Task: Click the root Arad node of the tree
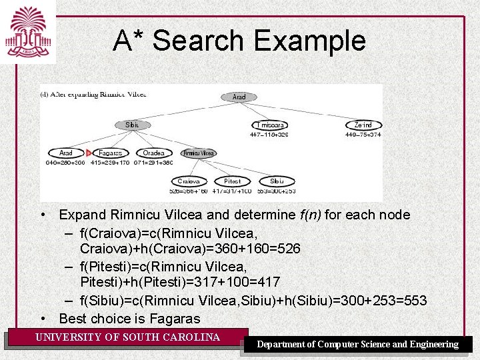(x=239, y=97)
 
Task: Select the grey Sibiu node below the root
(x=133, y=125)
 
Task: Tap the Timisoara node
(x=269, y=125)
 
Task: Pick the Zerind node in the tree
(x=363, y=125)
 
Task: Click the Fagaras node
(x=110, y=153)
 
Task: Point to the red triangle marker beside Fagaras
(x=89, y=153)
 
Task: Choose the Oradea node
(x=153, y=153)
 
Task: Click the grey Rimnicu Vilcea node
(x=199, y=153)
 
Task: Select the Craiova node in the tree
(x=189, y=181)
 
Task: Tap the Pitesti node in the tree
(x=232, y=181)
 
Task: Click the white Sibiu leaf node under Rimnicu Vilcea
(x=277, y=181)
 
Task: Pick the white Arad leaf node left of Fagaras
(x=66, y=153)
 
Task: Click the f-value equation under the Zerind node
(x=363, y=135)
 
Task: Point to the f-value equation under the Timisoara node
(x=269, y=135)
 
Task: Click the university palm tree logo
(x=27, y=31)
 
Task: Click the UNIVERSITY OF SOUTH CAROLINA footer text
(x=127, y=337)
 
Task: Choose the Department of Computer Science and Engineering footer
(x=358, y=345)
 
